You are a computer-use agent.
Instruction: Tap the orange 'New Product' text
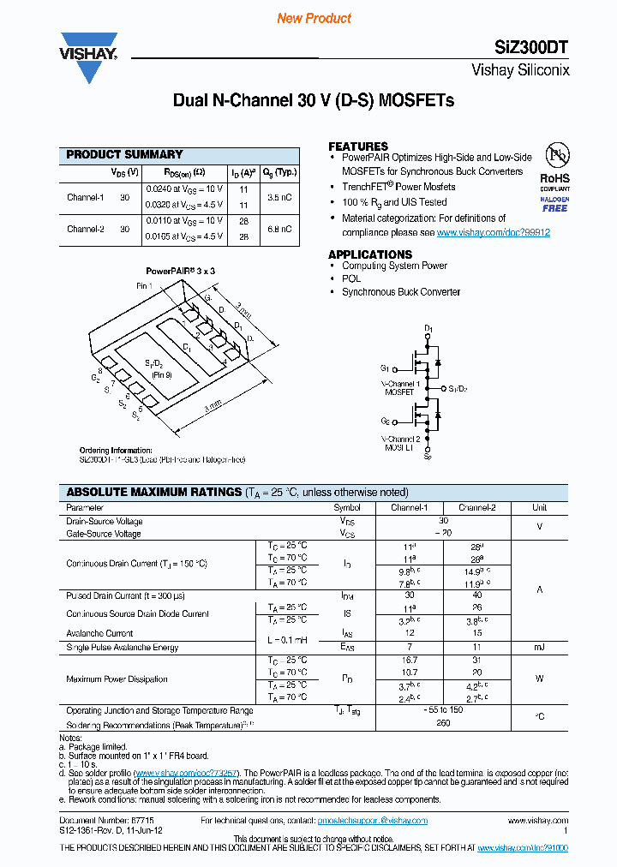(x=314, y=18)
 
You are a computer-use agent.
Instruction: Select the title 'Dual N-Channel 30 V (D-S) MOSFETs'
(x=314, y=100)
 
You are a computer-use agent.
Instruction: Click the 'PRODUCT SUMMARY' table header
(x=125, y=154)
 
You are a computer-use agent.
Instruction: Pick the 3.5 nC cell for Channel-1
(x=279, y=197)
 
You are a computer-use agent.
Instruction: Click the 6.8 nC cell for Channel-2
(x=279, y=229)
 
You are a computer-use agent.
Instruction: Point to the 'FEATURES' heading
(x=358, y=146)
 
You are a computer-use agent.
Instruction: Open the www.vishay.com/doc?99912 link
(x=494, y=232)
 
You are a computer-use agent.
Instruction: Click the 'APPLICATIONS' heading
(x=370, y=254)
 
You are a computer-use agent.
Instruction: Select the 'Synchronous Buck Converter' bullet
(x=401, y=292)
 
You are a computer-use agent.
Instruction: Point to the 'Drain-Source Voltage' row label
(x=105, y=521)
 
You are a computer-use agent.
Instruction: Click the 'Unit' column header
(x=539, y=507)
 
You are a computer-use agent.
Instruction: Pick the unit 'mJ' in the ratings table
(x=539, y=647)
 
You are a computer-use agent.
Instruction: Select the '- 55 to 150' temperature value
(x=443, y=711)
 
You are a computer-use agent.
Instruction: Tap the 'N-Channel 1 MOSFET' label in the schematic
(x=400, y=388)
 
